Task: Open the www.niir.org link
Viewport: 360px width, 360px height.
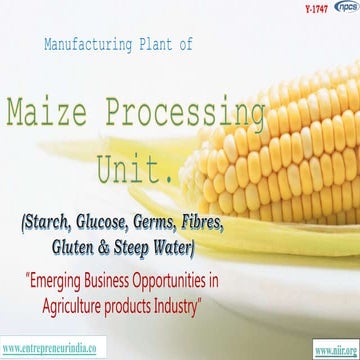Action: point(331,349)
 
